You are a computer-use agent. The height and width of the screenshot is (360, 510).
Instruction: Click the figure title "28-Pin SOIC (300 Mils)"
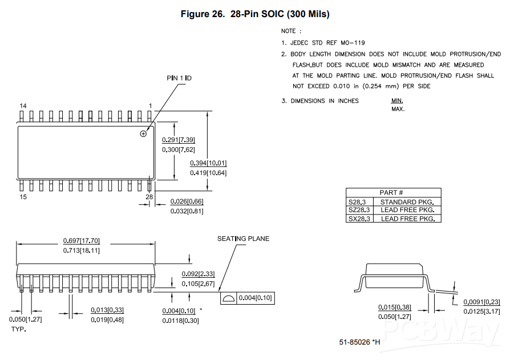(x=280, y=14)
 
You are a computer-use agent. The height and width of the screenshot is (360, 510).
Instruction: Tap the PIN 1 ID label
(x=179, y=78)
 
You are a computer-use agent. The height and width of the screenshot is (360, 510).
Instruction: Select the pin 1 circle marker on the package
(x=143, y=134)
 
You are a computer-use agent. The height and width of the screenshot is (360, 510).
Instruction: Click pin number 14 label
(x=23, y=106)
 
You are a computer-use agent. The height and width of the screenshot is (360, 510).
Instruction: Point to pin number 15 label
(x=23, y=197)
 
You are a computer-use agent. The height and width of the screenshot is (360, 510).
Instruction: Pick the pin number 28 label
(x=149, y=197)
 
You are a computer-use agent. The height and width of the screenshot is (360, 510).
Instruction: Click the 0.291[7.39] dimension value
(x=179, y=140)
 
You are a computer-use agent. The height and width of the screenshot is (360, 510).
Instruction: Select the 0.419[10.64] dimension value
(x=208, y=173)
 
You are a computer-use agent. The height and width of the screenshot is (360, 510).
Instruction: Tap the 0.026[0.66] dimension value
(x=187, y=201)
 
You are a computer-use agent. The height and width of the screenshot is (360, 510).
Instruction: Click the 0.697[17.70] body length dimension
(x=82, y=240)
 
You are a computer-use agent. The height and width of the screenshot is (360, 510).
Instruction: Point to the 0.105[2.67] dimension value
(x=198, y=284)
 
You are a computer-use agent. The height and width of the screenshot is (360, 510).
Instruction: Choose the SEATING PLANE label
(x=243, y=238)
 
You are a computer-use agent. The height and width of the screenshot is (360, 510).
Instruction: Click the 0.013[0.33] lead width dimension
(x=107, y=310)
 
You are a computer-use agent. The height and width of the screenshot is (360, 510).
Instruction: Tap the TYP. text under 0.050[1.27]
(x=19, y=329)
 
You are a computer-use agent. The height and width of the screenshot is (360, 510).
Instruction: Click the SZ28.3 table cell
(x=359, y=210)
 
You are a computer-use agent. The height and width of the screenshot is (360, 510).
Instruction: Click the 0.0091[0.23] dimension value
(x=481, y=302)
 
